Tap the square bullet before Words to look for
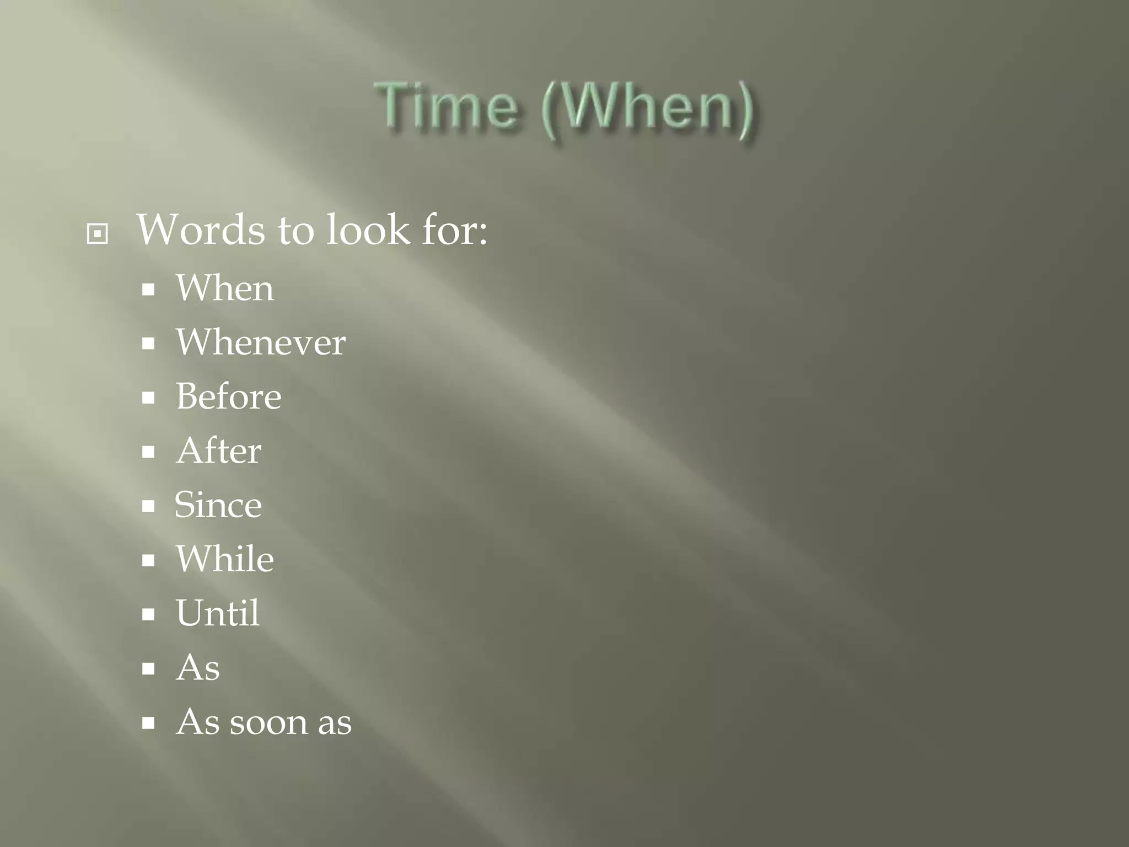(98, 234)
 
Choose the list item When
(224, 288)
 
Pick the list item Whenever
(260, 342)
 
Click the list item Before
(228, 396)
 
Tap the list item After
(218, 451)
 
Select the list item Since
(218, 505)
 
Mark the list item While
(224, 559)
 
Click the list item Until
(217, 613)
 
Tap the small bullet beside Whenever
(148, 344)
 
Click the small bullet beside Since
(148, 506)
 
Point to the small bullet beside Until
(148, 615)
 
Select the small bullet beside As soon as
(148, 723)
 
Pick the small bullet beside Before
(148, 398)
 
